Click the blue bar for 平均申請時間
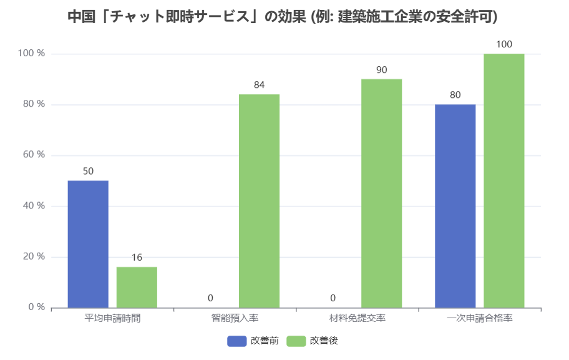click(x=88, y=244)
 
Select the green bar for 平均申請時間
click(x=137, y=287)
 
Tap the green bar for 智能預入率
click(x=259, y=201)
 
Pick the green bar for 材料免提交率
click(x=381, y=193)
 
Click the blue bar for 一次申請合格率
click(x=455, y=206)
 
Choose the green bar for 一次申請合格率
click(x=503, y=180)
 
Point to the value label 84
click(x=259, y=85)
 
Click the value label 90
click(x=381, y=70)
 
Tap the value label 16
click(x=137, y=258)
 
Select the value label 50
click(x=88, y=171)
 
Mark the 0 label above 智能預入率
click(x=210, y=298)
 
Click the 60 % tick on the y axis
click(x=32, y=155)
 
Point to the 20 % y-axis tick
click(x=32, y=256)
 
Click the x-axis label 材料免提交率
click(x=357, y=318)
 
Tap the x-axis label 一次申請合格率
click(x=480, y=318)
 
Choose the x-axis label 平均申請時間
click(x=112, y=318)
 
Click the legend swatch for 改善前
click(x=236, y=341)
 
